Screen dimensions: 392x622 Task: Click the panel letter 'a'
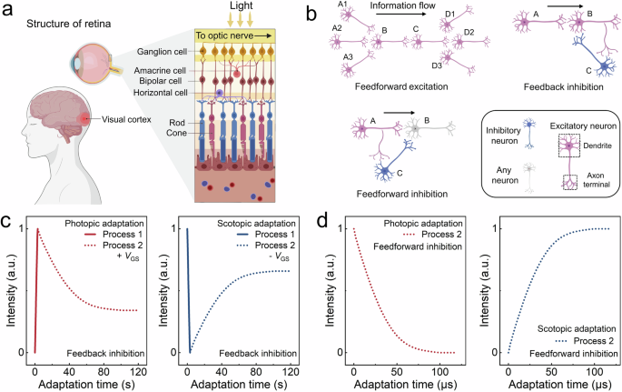[7, 9]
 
